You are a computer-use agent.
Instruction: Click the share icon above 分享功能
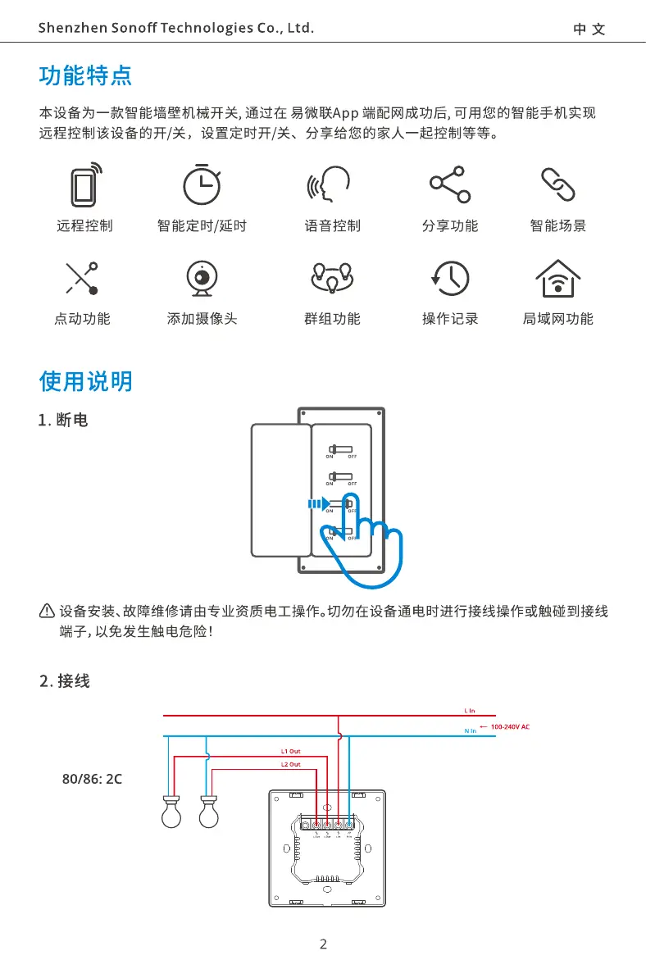pyautogui.click(x=449, y=185)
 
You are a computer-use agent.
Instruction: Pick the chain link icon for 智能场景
pyautogui.click(x=557, y=185)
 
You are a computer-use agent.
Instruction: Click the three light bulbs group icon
pyautogui.click(x=332, y=279)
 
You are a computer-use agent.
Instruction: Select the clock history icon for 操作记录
pyautogui.click(x=450, y=279)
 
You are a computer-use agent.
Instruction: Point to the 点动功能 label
pyautogui.click(x=82, y=318)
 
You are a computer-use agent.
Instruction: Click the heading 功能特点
pyautogui.click(x=85, y=77)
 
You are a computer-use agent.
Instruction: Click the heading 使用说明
pyautogui.click(x=85, y=381)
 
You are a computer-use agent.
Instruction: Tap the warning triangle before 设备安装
pyautogui.click(x=47, y=612)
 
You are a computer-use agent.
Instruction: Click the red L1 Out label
pyautogui.click(x=290, y=750)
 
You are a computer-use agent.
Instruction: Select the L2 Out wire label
pyautogui.click(x=290, y=764)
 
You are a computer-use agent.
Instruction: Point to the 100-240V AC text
pyautogui.click(x=511, y=727)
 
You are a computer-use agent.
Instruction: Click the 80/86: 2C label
pyautogui.click(x=93, y=779)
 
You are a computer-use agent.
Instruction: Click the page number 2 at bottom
pyautogui.click(x=323, y=944)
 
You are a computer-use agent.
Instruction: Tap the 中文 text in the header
pyautogui.click(x=589, y=30)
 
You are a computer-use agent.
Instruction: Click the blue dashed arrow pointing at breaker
pyautogui.click(x=318, y=504)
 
